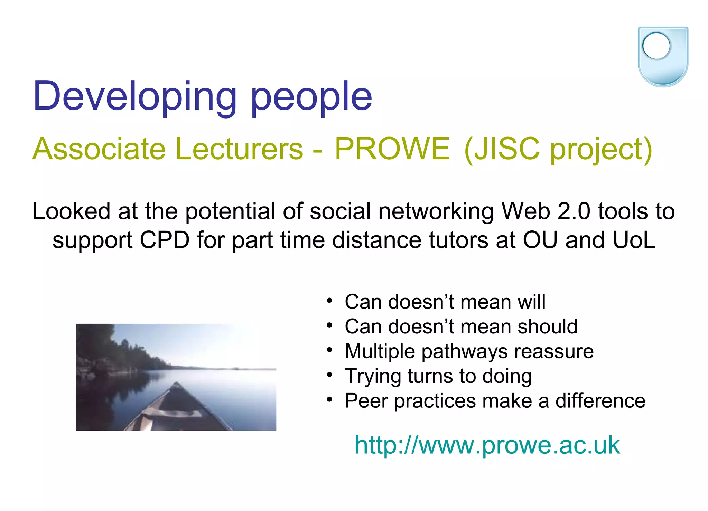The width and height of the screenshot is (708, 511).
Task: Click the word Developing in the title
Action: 135,97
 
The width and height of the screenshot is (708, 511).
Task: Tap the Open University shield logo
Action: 663,57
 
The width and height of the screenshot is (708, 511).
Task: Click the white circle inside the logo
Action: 656,46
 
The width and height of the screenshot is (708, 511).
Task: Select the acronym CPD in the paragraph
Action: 165,240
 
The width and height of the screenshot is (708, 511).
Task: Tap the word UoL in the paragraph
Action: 634,240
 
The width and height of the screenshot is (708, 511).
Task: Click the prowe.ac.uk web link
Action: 487,445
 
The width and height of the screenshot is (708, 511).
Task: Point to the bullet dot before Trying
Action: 329,375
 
